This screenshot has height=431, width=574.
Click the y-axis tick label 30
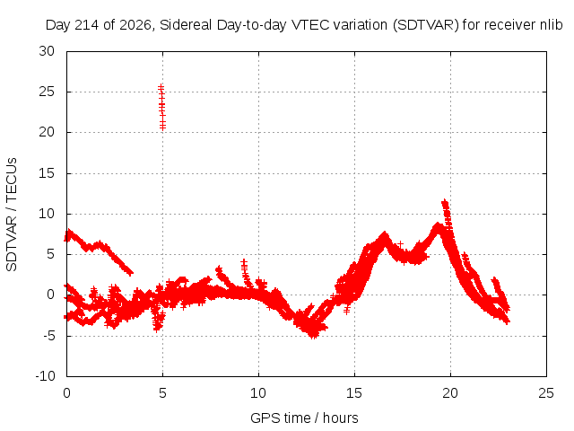click(47, 51)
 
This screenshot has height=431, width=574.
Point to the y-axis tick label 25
click(47, 92)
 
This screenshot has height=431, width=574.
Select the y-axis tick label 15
click(47, 173)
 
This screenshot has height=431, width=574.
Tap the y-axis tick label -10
click(45, 376)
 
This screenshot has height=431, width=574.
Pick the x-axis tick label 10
click(258, 393)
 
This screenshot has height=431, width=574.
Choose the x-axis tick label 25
click(546, 393)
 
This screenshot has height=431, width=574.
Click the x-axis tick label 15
click(354, 393)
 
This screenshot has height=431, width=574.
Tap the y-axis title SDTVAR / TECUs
click(12, 215)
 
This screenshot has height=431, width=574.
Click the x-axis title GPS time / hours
click(304, 418)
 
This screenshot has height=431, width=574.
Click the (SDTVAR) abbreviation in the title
click(425, 25)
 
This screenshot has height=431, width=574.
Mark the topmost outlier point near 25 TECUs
click(161, 87)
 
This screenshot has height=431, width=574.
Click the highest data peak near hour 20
click(445, 202)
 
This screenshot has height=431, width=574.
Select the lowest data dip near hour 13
click(313, 335)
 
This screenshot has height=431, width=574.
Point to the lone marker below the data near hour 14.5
click(347, 311)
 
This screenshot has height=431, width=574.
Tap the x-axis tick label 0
click(66, 393)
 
